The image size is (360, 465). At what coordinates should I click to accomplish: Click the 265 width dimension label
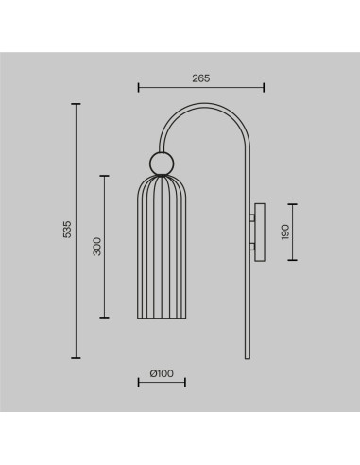201,78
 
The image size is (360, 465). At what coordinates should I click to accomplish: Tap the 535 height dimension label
67,229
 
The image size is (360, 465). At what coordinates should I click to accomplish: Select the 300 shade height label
97,247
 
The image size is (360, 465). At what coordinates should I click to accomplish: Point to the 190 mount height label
285,232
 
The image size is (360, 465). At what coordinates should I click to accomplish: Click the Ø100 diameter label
162,373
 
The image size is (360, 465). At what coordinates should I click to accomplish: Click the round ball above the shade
162,164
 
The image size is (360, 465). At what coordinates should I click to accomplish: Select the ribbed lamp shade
162,247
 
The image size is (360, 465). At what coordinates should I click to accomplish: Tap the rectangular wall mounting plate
260,232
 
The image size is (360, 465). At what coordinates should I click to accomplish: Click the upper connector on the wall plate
252,217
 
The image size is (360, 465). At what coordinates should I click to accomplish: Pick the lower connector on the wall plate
252,247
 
